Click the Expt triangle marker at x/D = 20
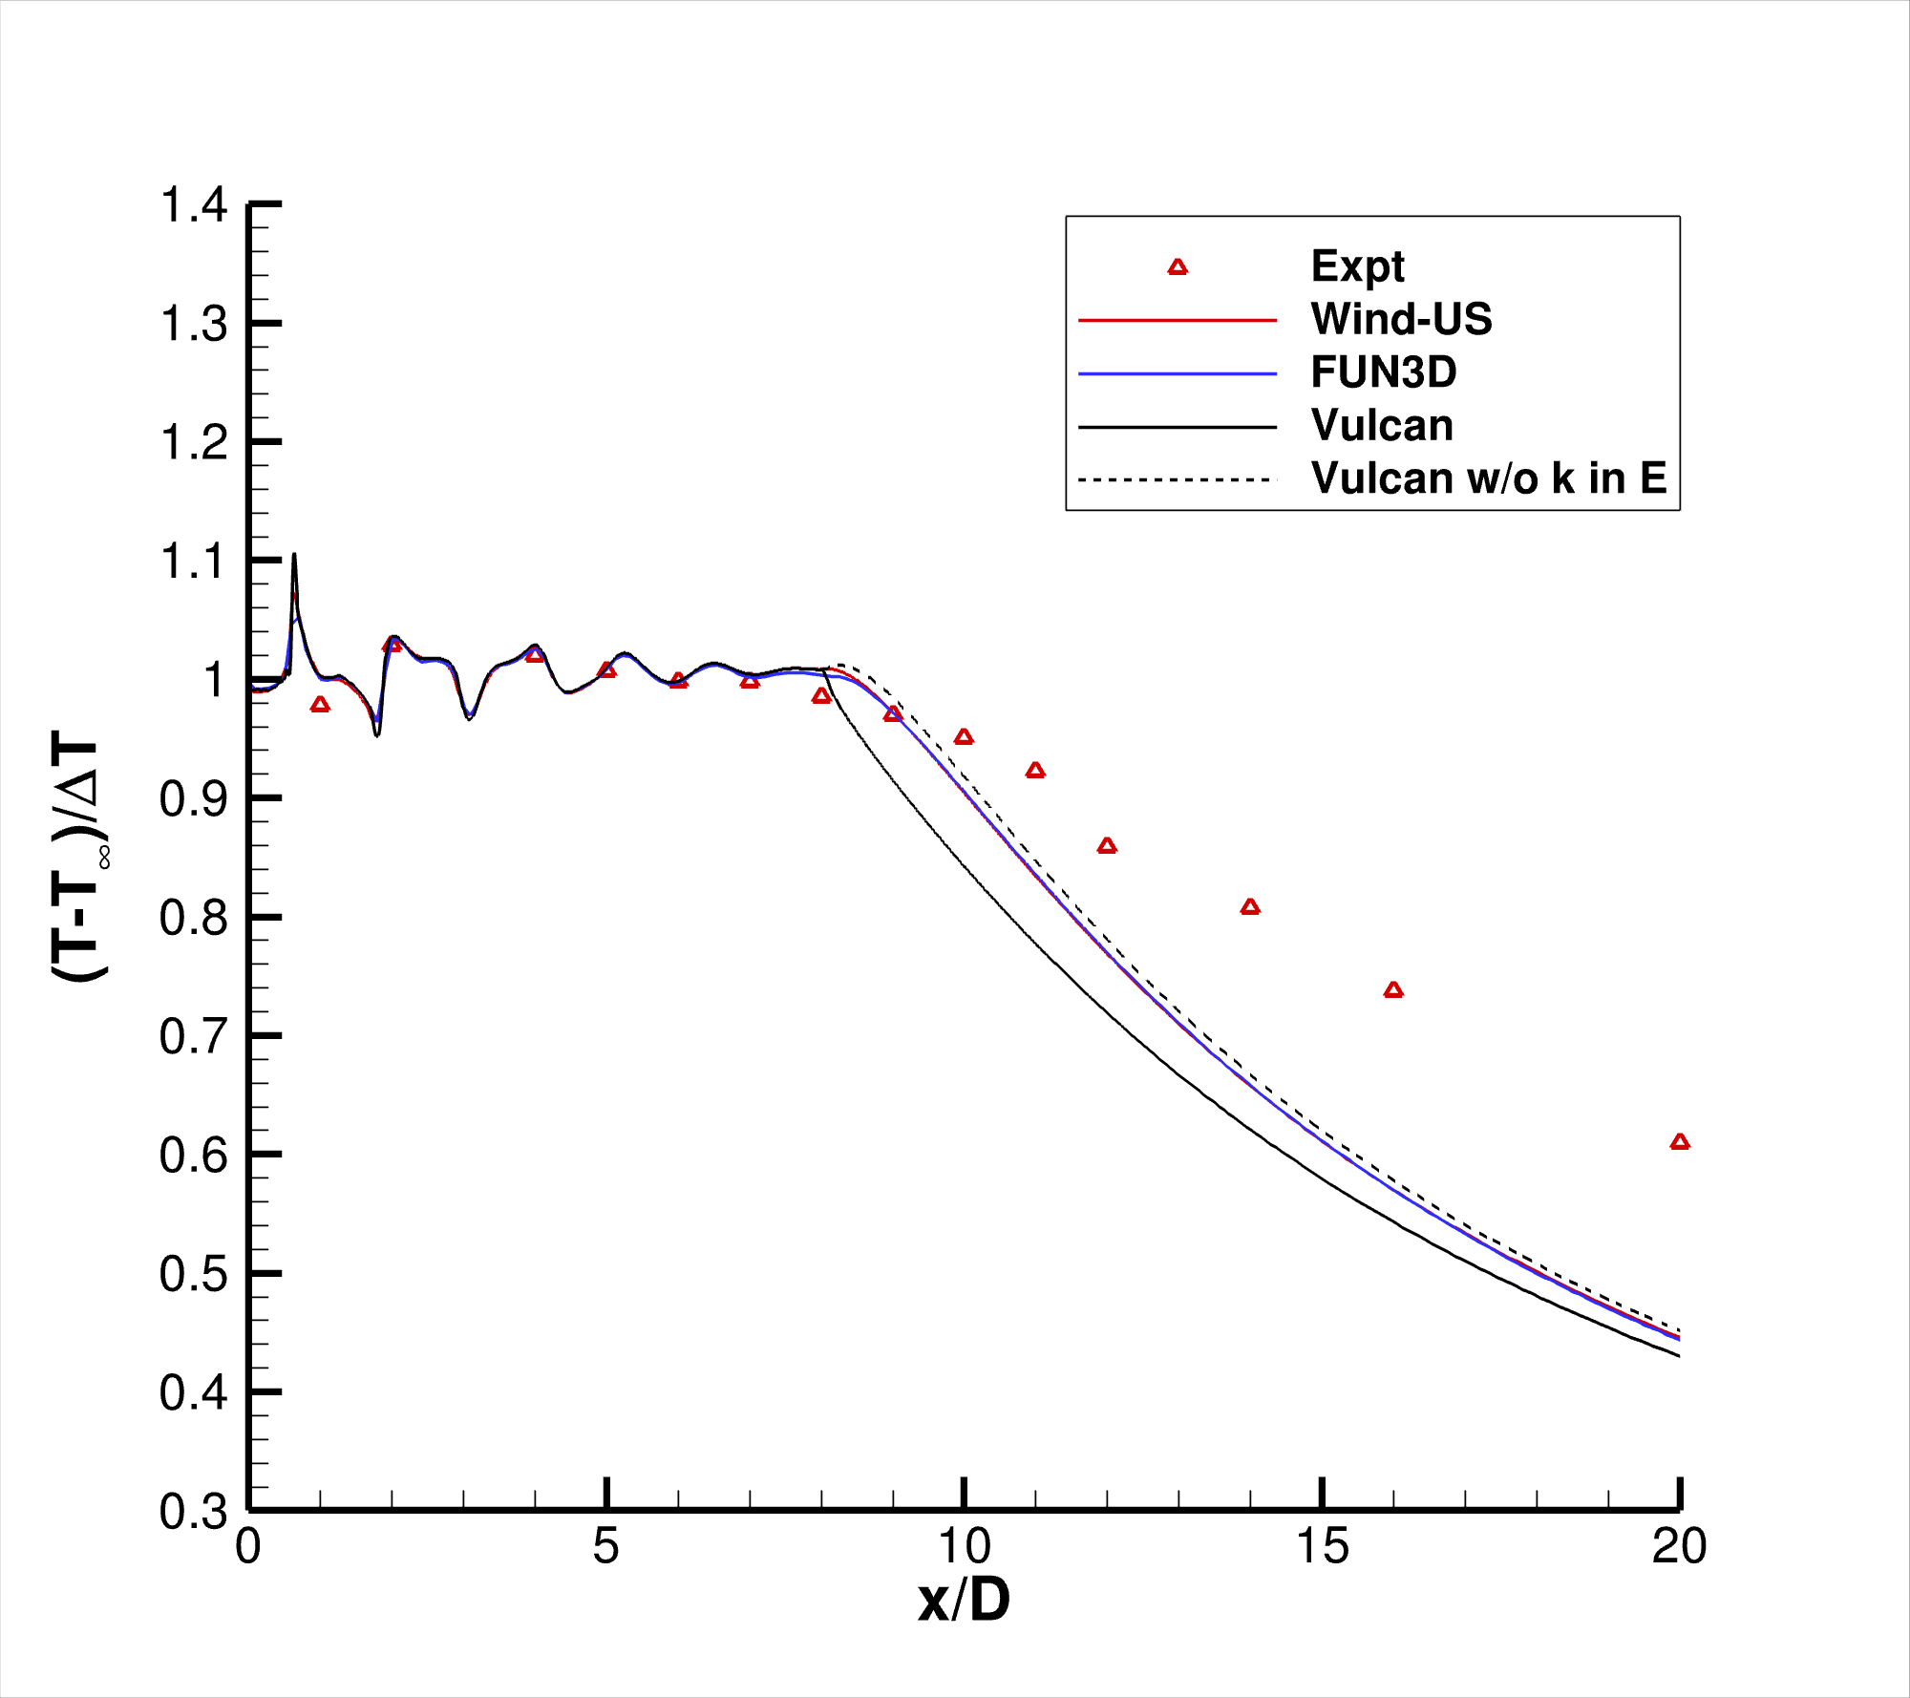pos(1680,1142)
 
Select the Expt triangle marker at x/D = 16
pos(1393,990)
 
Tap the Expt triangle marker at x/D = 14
pos(1250,907)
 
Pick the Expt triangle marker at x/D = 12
pos(1107,846)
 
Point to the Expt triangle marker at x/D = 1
pos(320,705)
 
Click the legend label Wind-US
pos(1401,319)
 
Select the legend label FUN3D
pos(1384,372)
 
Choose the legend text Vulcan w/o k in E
pos(1489,478)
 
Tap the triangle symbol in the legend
pos(1178,267)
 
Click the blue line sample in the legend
pos(1178,374)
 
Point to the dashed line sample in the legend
pos(1178,479)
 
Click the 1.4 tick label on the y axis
pos(194,205)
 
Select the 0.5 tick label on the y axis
pos(194,1274)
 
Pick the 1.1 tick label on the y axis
pos(194,562)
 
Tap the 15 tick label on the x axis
pos(1323,1546)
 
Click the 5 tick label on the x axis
pos(605,1546)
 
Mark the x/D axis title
pos(964,1601)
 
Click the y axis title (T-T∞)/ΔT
pos(78,856)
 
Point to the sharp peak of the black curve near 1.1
pos(294,555)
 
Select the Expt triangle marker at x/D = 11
pos(1035,771)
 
